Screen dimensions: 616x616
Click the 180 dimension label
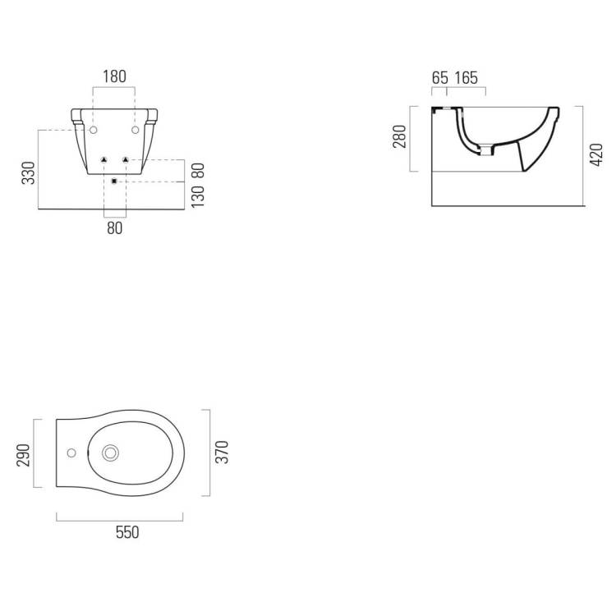tap(114, 76)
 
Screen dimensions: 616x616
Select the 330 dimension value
tap(29, 172)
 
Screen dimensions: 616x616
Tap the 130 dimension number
tap(198, 196)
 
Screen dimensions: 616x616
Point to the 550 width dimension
tap(127, 532)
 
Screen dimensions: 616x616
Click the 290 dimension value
tap(24, 455)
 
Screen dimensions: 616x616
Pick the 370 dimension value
tap(222, 453)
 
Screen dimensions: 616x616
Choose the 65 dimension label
tap(439, 78)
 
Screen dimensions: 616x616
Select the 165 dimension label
tap(467, 78)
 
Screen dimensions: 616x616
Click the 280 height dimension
tap(399, 136)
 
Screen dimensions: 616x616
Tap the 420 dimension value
tap(596, 154)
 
